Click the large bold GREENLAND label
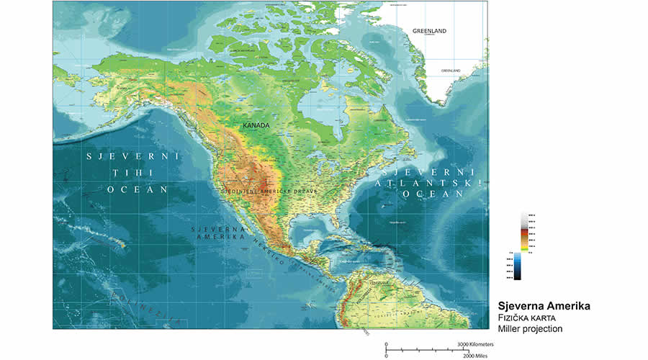click(429, 31)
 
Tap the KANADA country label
click(256, 125)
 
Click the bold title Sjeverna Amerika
click(544, 306)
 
